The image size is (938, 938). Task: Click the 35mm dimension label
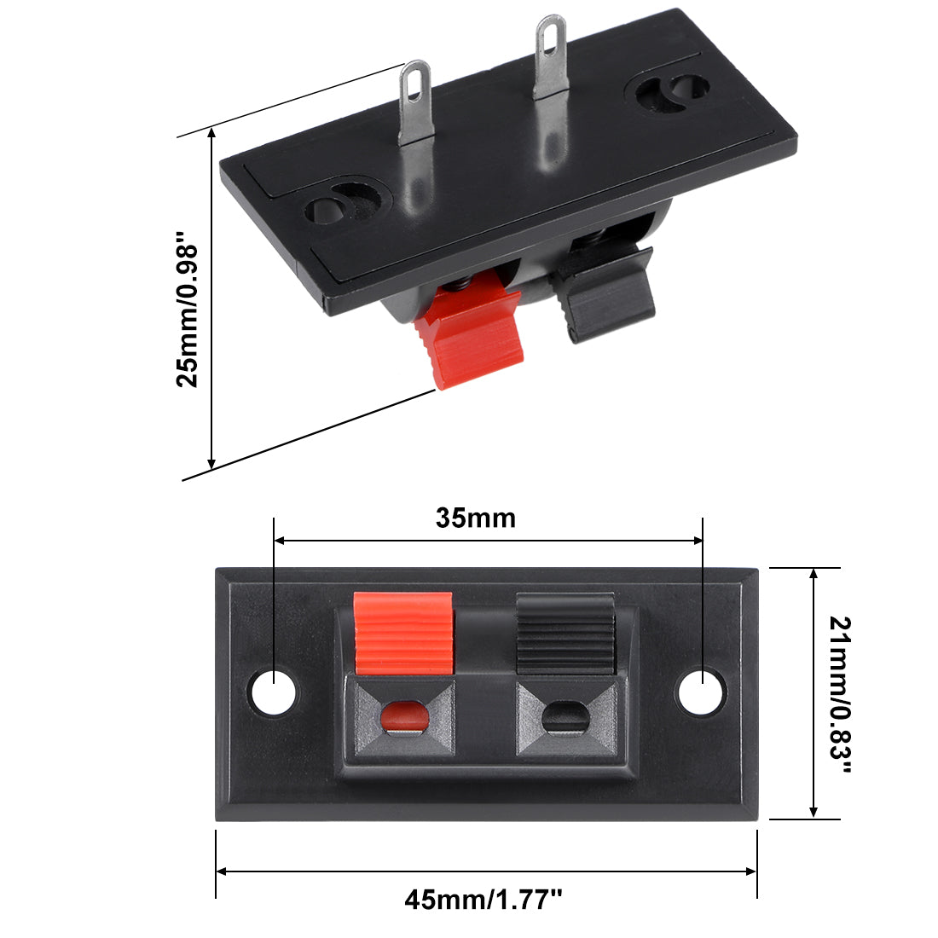[475, 518]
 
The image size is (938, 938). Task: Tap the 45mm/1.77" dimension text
[483, 899]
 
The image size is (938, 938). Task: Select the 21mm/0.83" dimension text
[840, 694]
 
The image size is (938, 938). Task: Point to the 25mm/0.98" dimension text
[187, 316]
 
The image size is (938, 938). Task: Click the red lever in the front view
[402, 633]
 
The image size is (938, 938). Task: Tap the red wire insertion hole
[403, 716]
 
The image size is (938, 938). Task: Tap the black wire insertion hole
[565, 716]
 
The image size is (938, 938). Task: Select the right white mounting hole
[701, 692]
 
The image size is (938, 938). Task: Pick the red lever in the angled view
[469, 337]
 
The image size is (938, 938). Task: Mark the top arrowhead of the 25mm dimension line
[211, 131]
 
